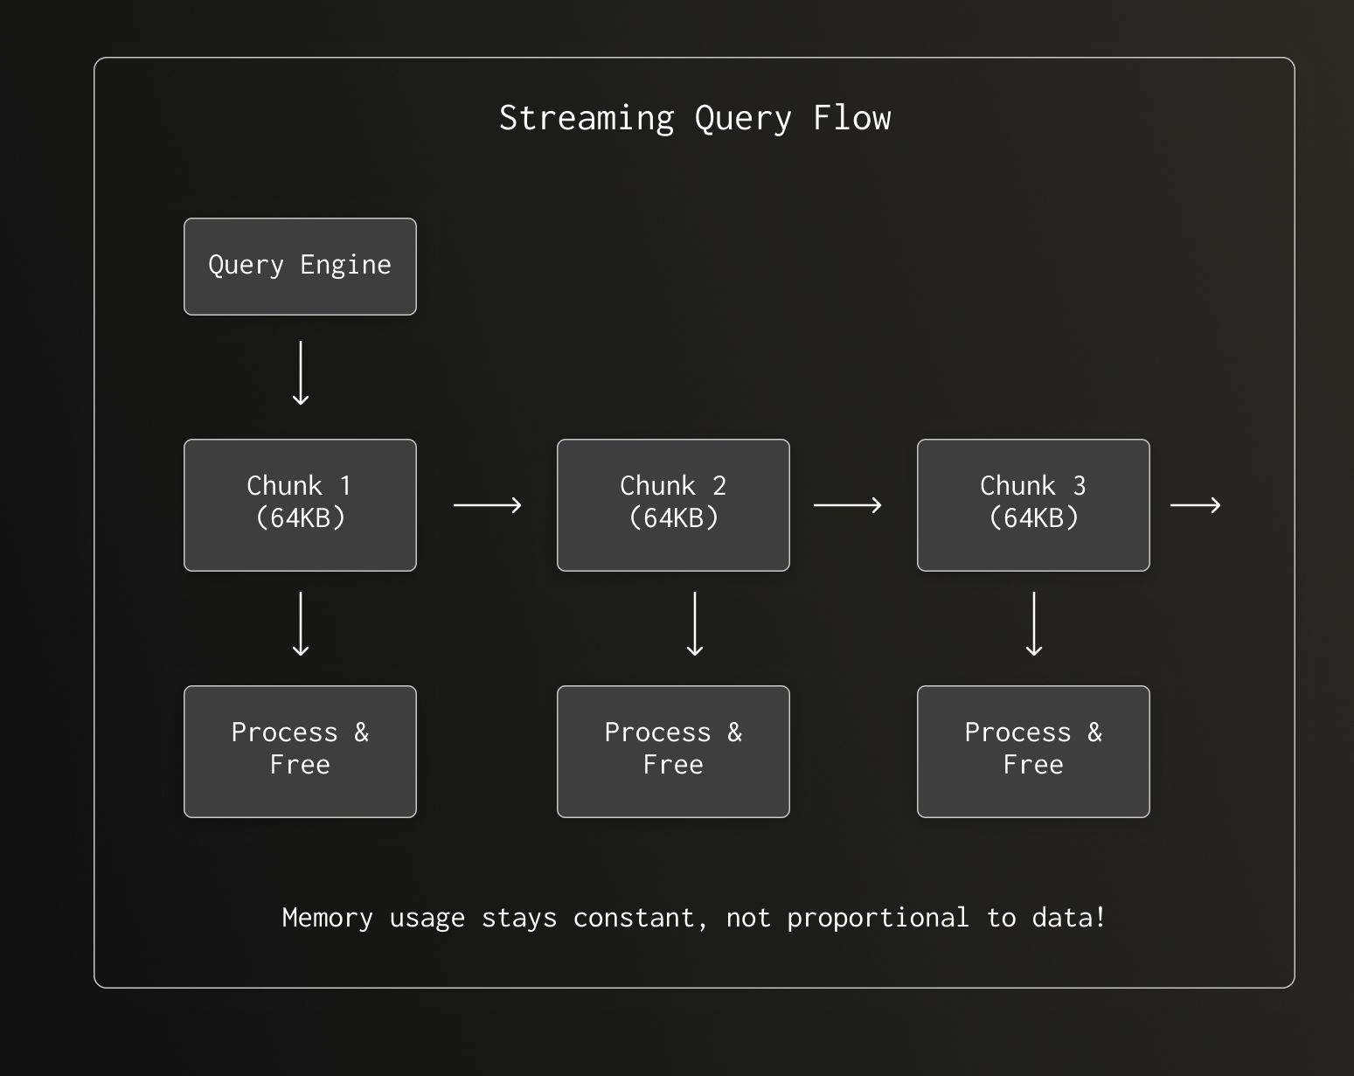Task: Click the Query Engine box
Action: click(300, 267)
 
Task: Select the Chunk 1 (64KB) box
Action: click(300, 505)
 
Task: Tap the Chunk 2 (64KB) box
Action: click(673, 505)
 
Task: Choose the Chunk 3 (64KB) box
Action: click(1033, 505)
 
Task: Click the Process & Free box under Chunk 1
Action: click(300, 752)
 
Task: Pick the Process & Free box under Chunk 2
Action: click(673, 752)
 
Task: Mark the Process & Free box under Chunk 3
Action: click(1033, 752)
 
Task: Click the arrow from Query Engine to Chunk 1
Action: click(301, 373)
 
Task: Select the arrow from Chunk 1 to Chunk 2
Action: click(487, 505)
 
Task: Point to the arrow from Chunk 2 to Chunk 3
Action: click(847, 505)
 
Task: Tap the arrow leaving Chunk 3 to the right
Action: click(1195, 505)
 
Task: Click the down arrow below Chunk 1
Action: click(301, 624)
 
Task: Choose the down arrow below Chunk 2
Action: click(695, 624)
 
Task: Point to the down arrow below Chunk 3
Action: click(1034, 624)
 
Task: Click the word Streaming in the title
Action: click(587, 118)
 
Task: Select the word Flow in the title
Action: click(852, 118)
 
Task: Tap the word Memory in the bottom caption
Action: click(327, 918)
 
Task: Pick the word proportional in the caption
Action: click(878, 918)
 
